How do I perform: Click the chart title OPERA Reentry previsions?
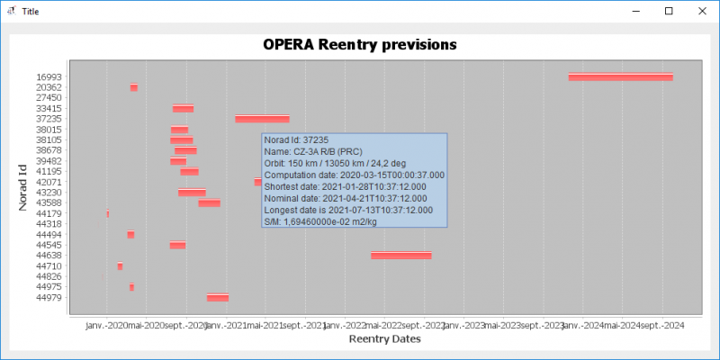[x=359, y=44]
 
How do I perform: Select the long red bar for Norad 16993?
[x=620, y=77]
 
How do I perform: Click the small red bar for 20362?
[x=134, y=87]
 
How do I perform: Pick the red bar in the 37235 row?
[x=262, y=119]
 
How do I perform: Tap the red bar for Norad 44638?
[x=400, y=256]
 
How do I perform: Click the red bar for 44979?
[x=217, y=298]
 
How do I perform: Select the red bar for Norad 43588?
[x=209, y=203]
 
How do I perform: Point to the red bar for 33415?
[x=183, y=109]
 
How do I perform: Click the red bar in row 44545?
[x=177, y=245]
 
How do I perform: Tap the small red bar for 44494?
[x=130, y=235]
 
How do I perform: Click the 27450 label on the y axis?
[x=49, y=98]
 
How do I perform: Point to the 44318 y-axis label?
[x=49, y=224]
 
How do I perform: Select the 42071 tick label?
[x=49, y=182]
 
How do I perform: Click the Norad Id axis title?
[x=23, y=186]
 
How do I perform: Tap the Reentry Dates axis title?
[x=384, y=339]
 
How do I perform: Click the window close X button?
[x=699, y=12]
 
